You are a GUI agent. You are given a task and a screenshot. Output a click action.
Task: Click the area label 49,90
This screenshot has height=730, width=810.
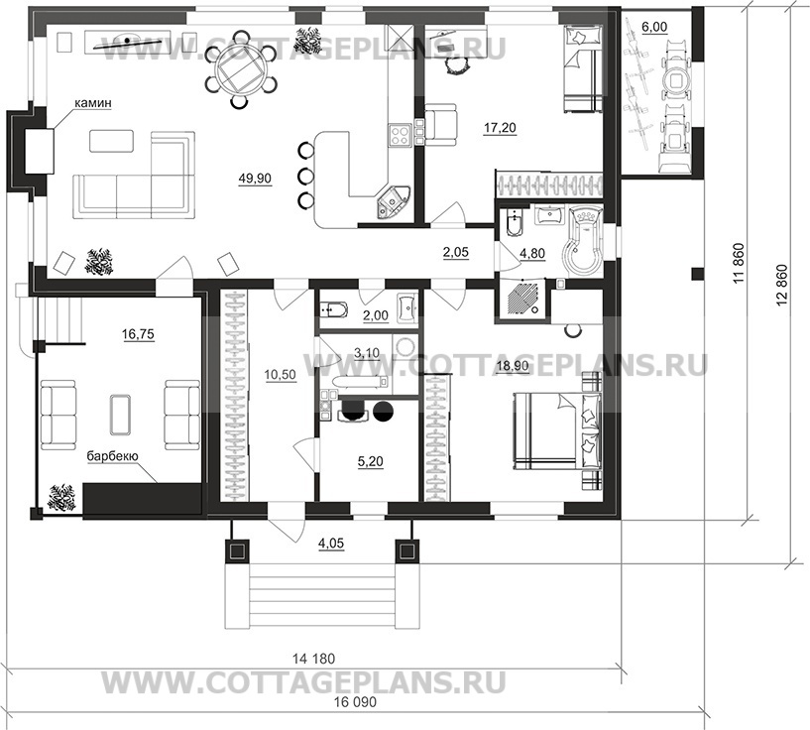[x=254, y=179]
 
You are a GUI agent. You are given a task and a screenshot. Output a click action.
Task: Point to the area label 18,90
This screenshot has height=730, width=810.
[x=510, y=365]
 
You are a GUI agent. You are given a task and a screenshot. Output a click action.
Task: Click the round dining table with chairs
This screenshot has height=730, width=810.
[x=241, y=67]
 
